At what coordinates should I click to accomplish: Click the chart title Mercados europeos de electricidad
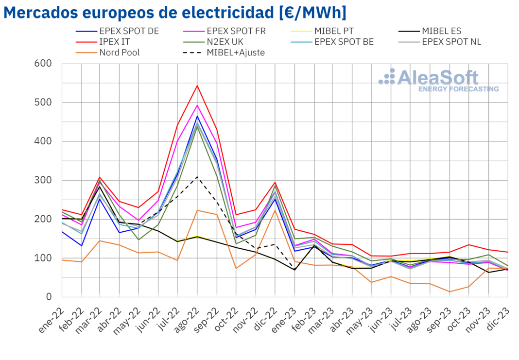(175, 13)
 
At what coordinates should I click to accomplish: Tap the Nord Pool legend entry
(119, 52)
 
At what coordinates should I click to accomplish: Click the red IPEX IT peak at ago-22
(197, 86)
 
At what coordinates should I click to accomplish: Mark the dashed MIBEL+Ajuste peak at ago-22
(197, 177)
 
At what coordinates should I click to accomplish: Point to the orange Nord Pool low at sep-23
(450, 291)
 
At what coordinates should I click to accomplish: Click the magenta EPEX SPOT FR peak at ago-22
(197, 105)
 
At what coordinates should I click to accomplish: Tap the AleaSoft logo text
(437, 78)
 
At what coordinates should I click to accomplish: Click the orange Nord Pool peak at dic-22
(275, 210)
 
